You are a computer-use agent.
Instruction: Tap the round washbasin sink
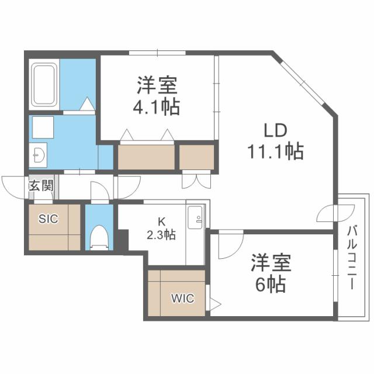[39, 155]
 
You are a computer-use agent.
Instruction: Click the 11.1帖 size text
[273, 153]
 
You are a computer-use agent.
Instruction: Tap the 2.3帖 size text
[160, 235]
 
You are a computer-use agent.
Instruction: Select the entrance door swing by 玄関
[15, 186]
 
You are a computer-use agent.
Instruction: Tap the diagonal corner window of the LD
[306, 85]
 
